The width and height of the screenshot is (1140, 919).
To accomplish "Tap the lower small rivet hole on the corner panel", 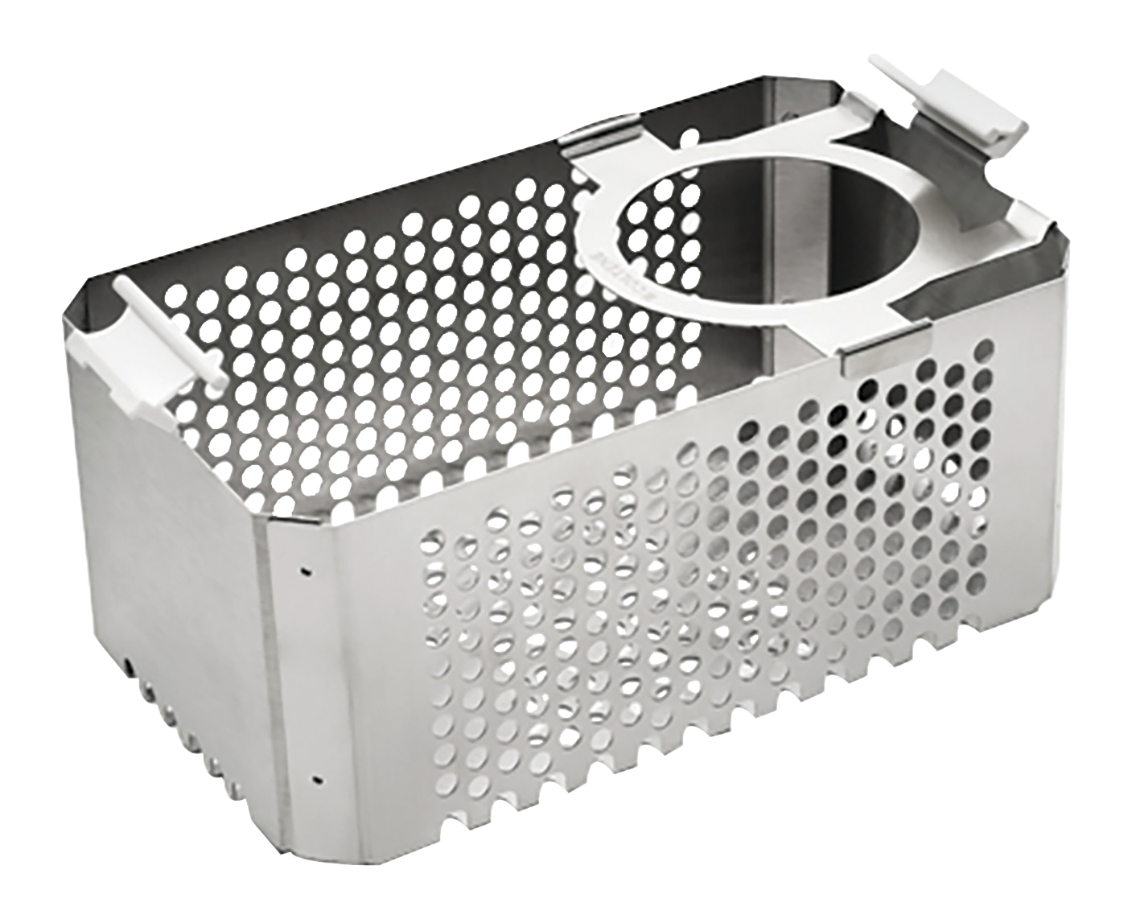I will click(x=319, y=778).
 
